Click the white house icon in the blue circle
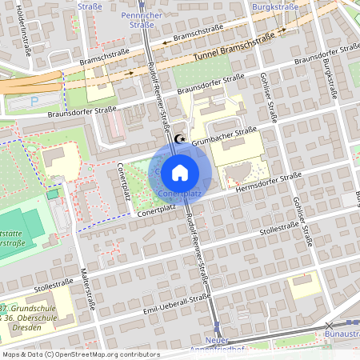point(180,172)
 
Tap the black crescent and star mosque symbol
point(178,139)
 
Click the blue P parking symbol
point(33,102)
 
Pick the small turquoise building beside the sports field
point(53,194)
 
